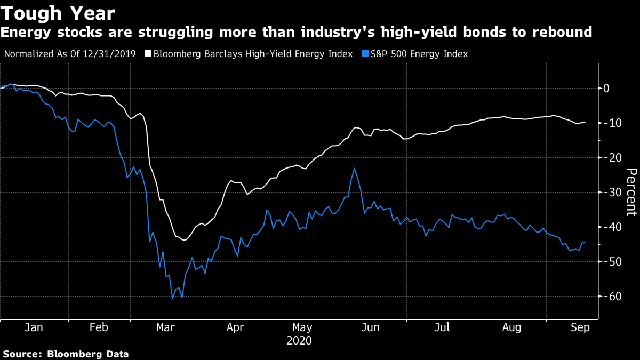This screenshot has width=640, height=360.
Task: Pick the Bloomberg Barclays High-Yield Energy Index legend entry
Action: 253,54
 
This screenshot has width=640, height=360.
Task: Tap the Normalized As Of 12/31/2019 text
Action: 70,54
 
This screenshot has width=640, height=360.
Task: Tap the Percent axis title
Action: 631,192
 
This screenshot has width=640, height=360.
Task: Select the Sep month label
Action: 580,328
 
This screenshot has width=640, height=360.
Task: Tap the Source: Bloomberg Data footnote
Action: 66,354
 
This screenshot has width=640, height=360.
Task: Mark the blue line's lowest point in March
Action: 172,298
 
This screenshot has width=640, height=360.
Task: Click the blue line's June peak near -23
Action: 354,168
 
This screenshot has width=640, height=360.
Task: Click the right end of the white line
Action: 585,122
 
